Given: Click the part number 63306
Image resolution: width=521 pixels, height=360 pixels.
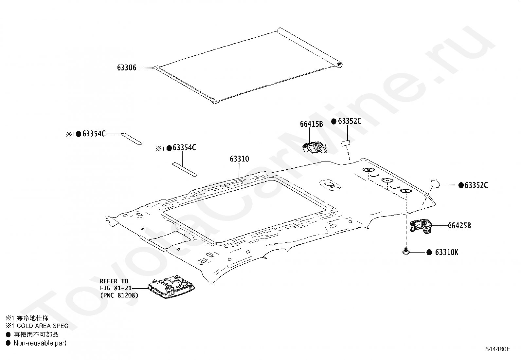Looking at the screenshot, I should pyautogui.click(x=127, y=68).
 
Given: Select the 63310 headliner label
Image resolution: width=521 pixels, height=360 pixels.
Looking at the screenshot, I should pyautogui.click(x=239, y=159).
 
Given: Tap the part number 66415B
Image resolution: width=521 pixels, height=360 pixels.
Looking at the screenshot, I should pyautogui.click(x=311, y=124).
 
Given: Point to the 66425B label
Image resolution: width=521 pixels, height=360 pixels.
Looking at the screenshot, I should pyautogui.click(x=459, y=226).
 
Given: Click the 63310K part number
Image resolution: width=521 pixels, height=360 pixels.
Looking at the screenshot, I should pyautogui.click(x=447, y=252).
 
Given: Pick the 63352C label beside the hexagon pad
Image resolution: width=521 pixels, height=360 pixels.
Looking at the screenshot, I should pyautogui.click(x=476, y=185).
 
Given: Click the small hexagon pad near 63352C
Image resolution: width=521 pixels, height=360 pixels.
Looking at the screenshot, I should pyautogui.click(x=435, y=184).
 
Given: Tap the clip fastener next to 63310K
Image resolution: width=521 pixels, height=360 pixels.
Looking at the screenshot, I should pyautogui.click(x=406, y=252).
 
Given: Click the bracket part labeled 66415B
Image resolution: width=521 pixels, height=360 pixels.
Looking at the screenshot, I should pyautogui.click(x=314, y=148).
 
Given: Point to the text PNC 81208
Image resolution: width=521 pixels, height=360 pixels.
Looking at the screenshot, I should pyautogui.click(x=119, y=295).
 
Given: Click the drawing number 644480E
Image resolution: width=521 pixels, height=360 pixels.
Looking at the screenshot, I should pyautogui.click(x=498, y=349).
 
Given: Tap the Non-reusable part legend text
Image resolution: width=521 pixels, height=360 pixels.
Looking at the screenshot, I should pyautogui.click(x=40, y=343).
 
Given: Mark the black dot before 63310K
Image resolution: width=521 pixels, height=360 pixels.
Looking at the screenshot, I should pyautogui.click(x=429, y=252).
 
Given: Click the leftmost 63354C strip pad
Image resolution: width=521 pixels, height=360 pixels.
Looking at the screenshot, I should pyautogui.click(x=132, y=139).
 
